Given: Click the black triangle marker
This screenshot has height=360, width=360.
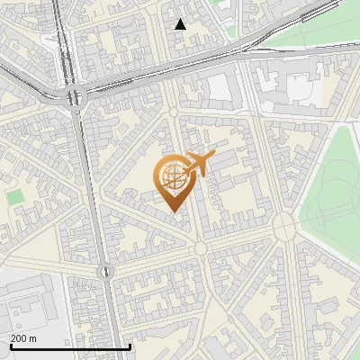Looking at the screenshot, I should pos(181,24).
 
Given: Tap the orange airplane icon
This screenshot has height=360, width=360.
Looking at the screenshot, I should pos(198,164).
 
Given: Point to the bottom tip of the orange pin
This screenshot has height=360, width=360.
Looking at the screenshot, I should pos(172,211).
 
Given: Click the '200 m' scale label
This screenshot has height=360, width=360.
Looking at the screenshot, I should pos(23,338).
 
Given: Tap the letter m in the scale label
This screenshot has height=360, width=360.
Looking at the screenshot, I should pos(32,338).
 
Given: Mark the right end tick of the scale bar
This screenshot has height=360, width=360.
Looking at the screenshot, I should pos(130,346).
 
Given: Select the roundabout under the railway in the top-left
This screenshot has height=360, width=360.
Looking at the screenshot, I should pos(73,96).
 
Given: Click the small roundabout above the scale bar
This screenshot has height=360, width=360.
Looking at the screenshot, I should pos(105,270).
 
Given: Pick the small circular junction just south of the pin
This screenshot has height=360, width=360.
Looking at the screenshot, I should pos(201,247).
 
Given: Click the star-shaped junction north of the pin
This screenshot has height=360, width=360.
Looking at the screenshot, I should pos(174,112).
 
